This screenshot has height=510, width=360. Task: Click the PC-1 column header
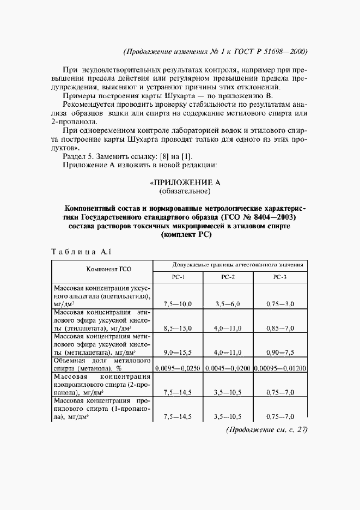point(179,277)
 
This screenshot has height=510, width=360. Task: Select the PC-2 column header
point(228,277)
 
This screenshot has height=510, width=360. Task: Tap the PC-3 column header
point(279,277)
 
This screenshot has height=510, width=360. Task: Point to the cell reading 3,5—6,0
point(228,303)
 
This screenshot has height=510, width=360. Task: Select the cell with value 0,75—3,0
point(280,303)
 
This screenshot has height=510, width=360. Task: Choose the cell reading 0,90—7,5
point(280,353)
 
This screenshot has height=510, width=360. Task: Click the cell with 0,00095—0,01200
point(280,368)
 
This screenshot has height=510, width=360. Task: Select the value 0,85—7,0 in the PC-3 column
point(280,329)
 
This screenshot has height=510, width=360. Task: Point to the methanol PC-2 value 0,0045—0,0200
point(228,368)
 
